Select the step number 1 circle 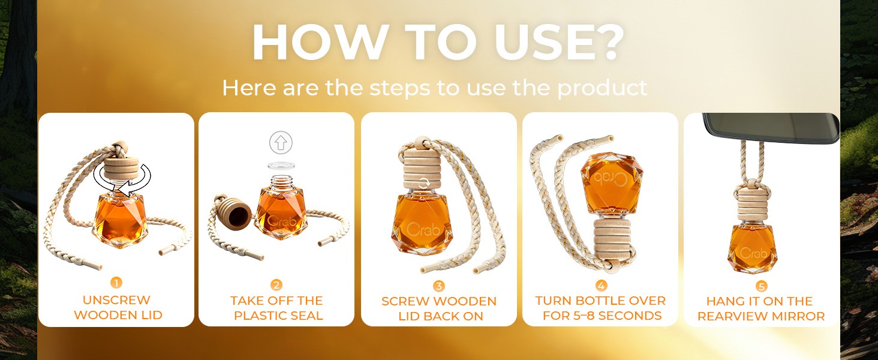pos(116,283)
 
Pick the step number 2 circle pos(276,285)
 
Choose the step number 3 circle pos(438,286)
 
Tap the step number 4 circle pos(601,286)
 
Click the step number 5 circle pos(761,286)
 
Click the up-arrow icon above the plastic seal pos(281,142)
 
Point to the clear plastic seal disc pos(281,165)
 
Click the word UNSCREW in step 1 pos(116,300)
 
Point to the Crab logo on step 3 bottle pos(423,229)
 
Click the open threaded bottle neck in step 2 pos(281,182)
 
